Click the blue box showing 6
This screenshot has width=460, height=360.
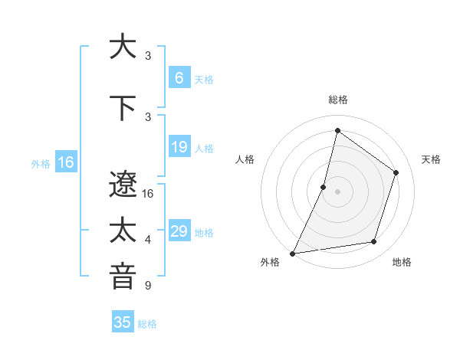coord(179,78)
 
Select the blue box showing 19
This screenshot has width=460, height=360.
coord(179,147)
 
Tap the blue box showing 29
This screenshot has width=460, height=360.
coord(179,231)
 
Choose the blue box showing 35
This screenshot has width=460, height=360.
coord(123,322)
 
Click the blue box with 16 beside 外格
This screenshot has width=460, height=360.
coord(65,162)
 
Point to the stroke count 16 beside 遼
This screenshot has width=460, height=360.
coord(149,194)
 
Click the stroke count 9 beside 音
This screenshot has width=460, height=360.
coord(148,286)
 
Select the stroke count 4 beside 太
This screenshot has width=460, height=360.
coord(148,240)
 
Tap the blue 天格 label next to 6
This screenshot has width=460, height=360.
coord(204,80)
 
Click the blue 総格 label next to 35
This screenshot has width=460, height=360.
coord(147,324)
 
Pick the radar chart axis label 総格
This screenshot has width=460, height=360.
coord(337,100)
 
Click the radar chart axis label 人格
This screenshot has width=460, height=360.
coord(245,159)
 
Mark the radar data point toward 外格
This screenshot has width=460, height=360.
coord(292,253)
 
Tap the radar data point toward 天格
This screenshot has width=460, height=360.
coord(396,172)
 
